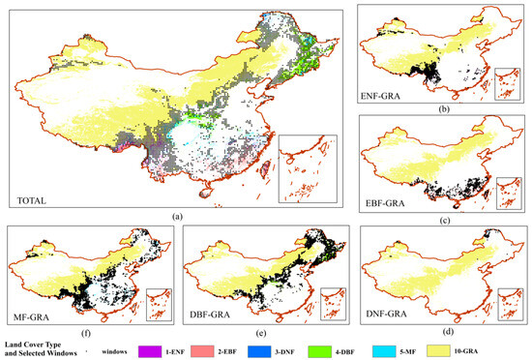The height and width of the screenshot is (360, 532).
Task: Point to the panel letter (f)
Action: [x=79, y=328]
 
